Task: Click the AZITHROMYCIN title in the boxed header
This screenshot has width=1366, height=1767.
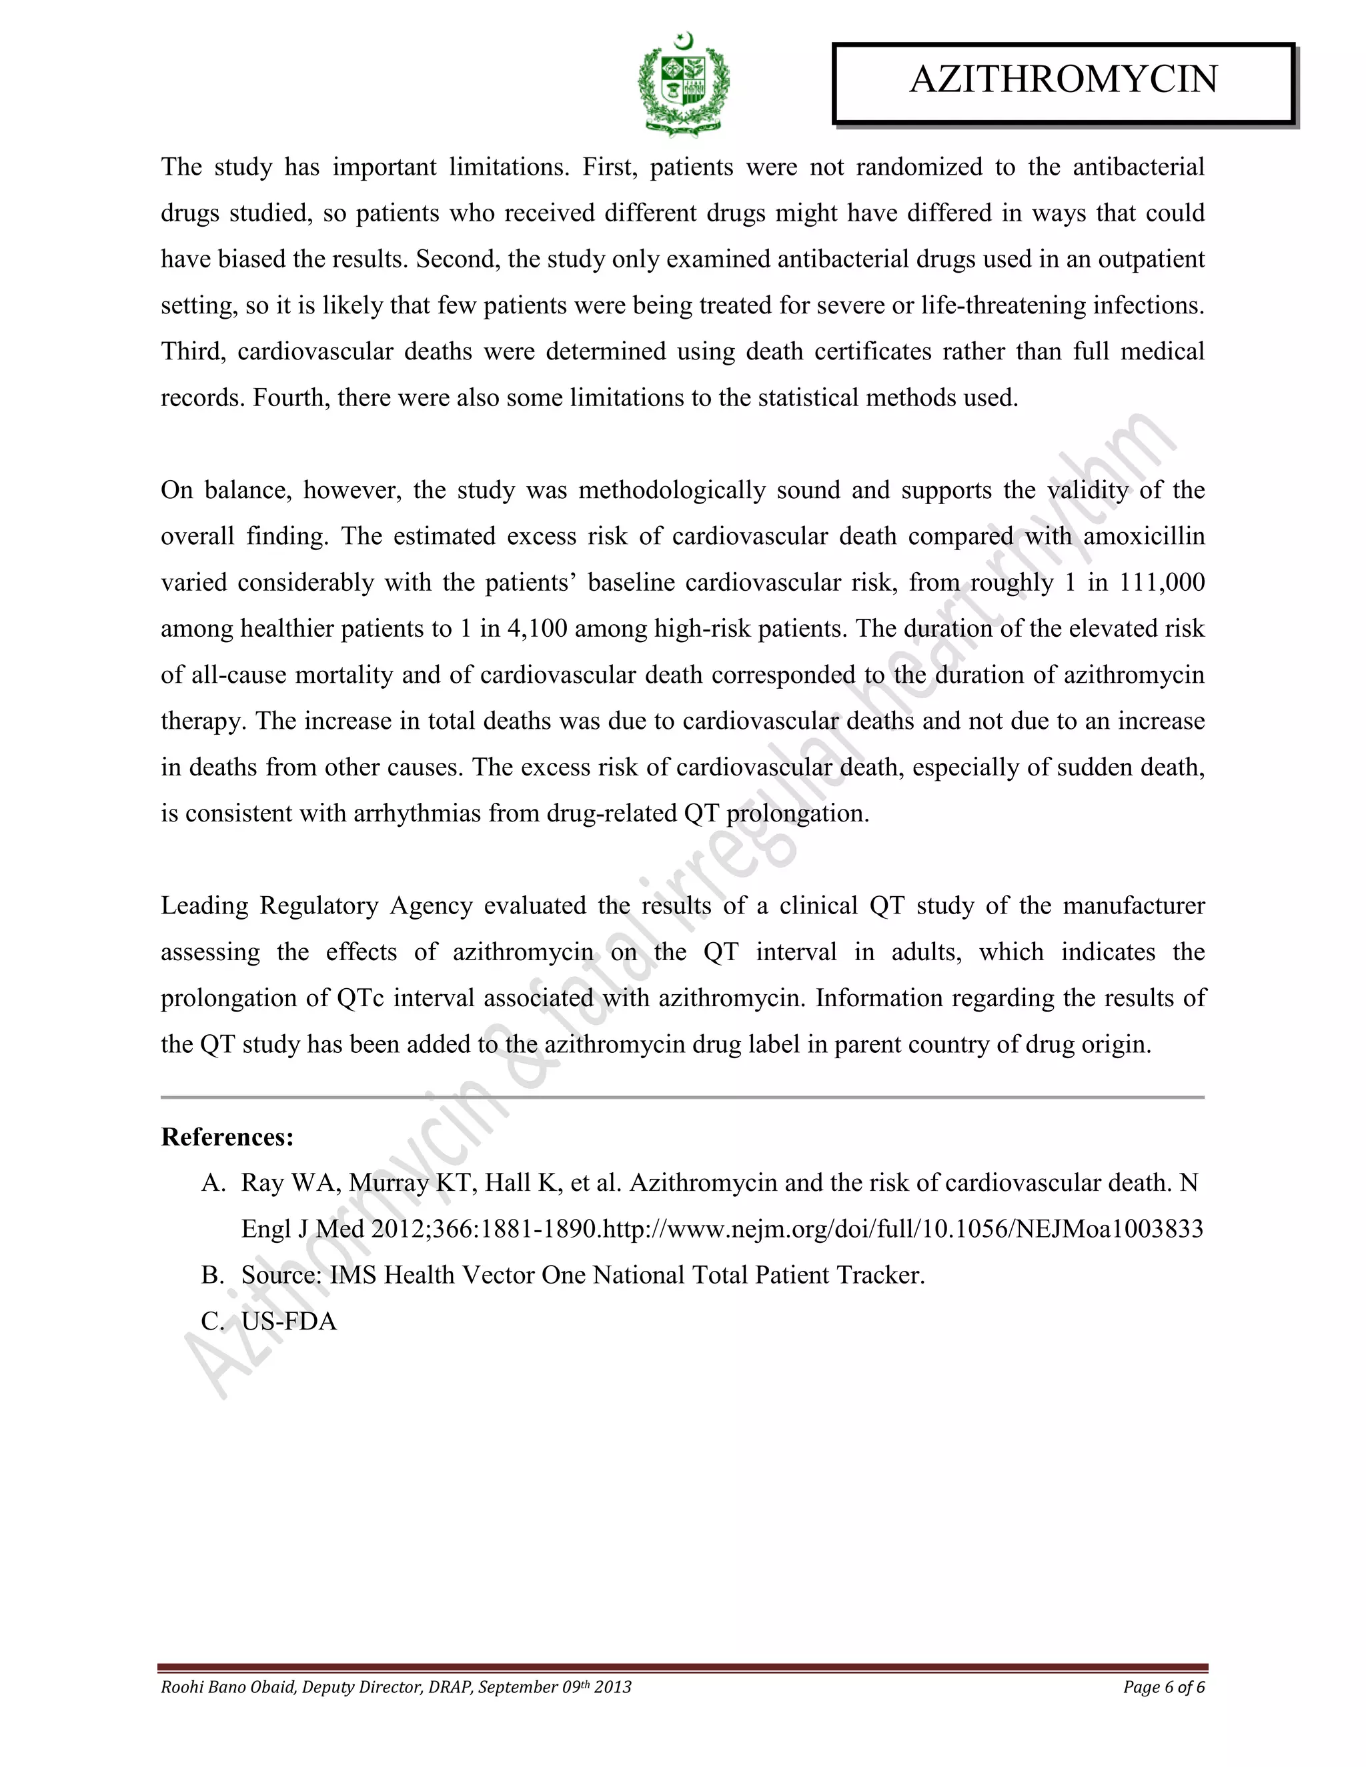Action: (1063, 80)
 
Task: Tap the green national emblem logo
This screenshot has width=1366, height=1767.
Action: (684, 83)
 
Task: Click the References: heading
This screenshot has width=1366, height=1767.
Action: (227, 1137)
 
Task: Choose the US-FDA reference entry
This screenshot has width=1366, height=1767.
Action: (289, 1321)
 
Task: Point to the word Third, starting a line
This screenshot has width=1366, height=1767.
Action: (193, 352)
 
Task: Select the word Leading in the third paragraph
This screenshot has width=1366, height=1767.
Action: (205, 906)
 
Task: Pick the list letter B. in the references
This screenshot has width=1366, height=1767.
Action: (213, 1275)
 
